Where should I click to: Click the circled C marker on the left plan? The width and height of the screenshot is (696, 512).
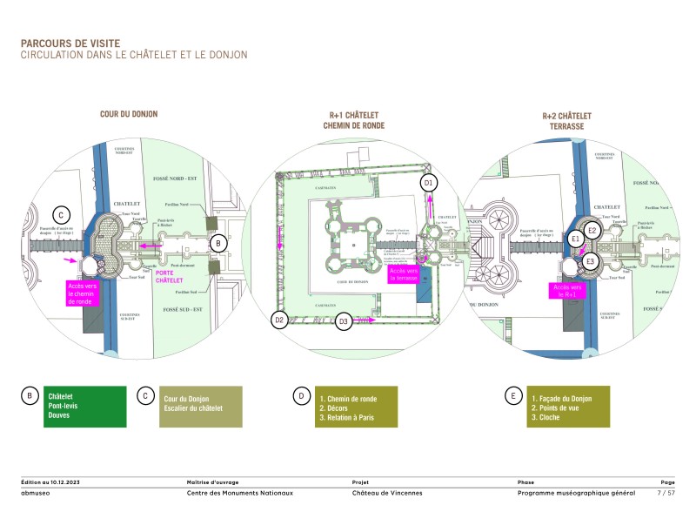(x=60, y=215)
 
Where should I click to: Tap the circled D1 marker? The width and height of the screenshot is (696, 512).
(x=427, y=183)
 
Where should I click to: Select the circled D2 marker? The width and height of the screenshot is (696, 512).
(x=279, y=320)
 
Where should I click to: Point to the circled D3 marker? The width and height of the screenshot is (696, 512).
(x=344, y=321)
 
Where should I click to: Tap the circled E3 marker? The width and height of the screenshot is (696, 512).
(x=590, y=261)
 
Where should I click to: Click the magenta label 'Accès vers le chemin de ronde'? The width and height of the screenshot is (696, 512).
(x=84, y=293)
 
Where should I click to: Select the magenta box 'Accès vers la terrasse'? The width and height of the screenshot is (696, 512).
(x=404, y=274)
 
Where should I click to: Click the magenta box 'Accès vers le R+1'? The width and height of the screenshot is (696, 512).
(x=564, y=291)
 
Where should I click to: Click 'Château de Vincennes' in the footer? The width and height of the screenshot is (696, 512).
(x=387, y=493)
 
